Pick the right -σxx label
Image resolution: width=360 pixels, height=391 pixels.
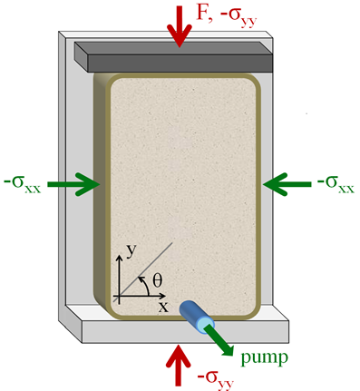(x=335, y=181)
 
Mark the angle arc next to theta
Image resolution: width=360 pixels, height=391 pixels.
(x=145, y=284)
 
